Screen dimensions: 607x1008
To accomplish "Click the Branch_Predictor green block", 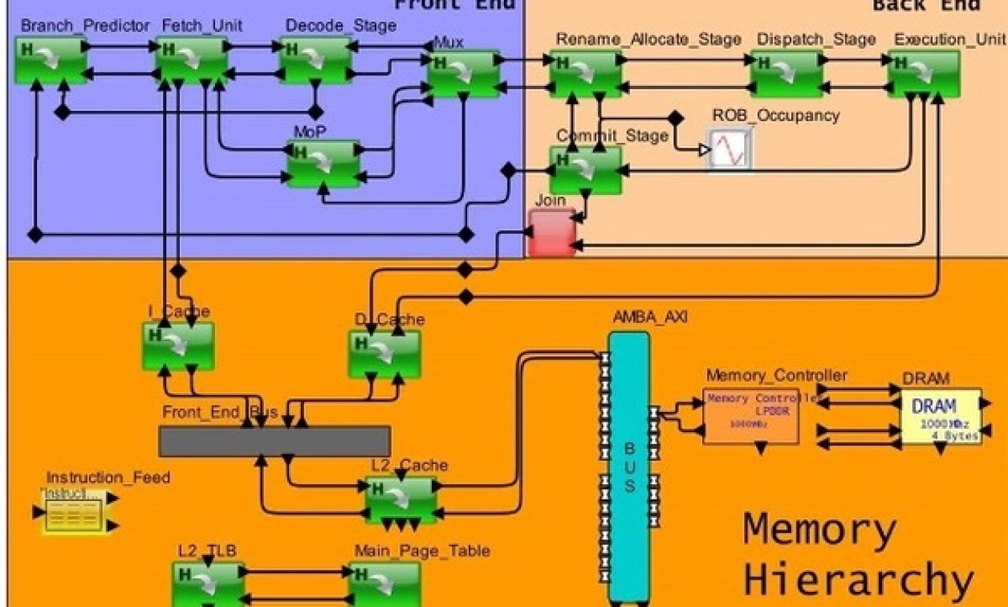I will point(51,60).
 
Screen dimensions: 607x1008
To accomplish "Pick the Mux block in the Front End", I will point(463,74).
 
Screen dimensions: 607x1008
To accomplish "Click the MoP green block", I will point(323,164).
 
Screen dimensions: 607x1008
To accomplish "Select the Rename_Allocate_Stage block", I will point(586,74).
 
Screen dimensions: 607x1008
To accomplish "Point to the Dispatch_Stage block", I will point(786,74).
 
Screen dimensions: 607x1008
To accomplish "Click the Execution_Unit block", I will point(923,74).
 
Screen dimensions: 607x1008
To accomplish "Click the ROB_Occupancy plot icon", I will point(730,149).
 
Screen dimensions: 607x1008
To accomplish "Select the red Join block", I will point(552,233).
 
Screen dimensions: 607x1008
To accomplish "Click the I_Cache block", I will point(178,346).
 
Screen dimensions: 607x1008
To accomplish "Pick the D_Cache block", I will point(384,353).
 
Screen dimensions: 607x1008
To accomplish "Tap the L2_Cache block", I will point(401,499).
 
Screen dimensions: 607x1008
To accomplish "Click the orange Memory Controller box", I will point(750,416).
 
